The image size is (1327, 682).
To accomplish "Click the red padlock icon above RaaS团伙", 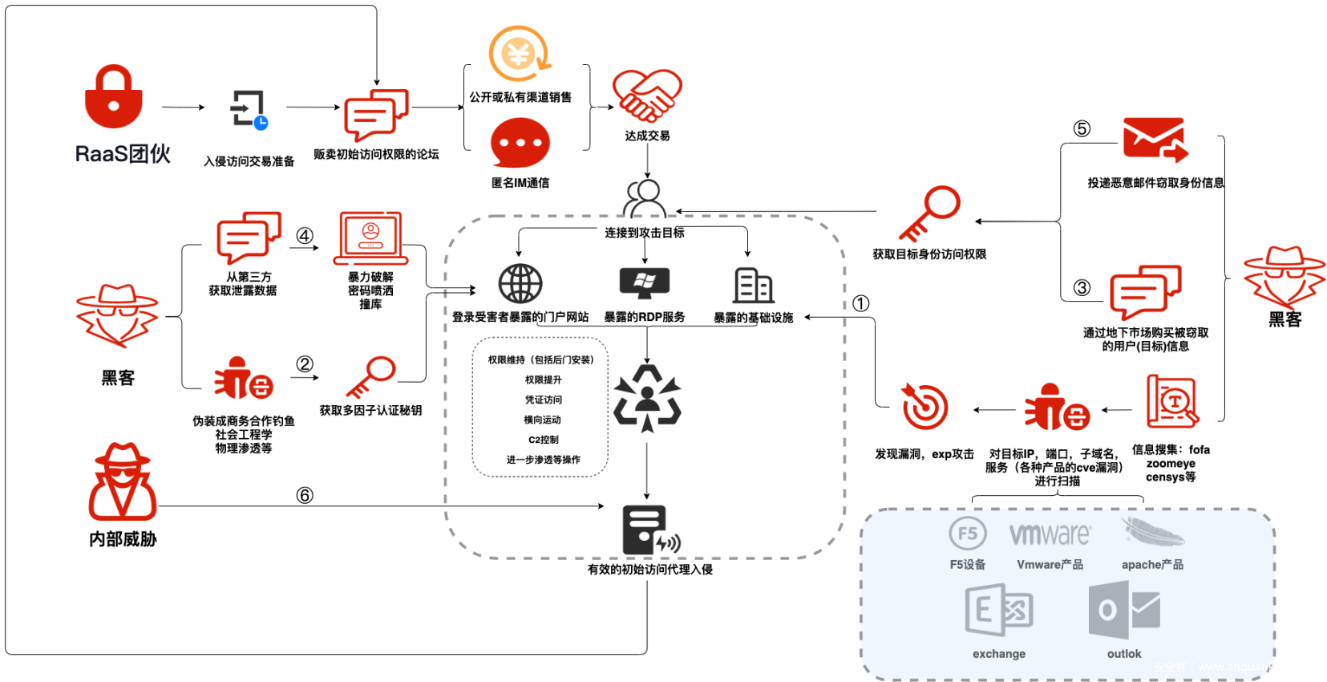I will point(114,97).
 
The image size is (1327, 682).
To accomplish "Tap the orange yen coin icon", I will point(520,54).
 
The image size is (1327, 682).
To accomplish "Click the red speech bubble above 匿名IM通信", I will point(520,144).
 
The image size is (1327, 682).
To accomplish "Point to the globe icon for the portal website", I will point(520,284).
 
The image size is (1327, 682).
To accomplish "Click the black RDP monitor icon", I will point(645,282).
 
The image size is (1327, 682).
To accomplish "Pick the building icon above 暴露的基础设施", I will point(753,285).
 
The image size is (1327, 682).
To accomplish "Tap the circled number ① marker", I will point(860,303).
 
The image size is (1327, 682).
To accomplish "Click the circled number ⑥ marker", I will point(305,495).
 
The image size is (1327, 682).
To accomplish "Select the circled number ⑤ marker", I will point(1082,128).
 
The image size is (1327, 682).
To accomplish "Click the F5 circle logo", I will point(968,534).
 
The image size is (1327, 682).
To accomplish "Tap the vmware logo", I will point(1050,534).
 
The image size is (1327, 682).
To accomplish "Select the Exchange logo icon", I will point(998,611).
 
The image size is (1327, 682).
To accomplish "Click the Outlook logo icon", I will point(1123,611).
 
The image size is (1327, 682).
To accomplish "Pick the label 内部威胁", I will point(123,539).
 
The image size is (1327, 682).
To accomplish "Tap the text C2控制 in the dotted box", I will point(543,440).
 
